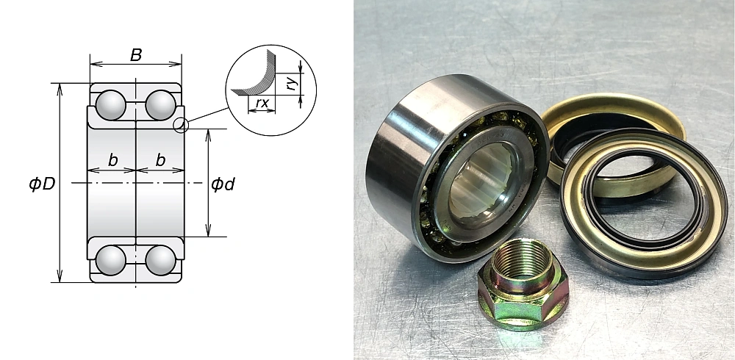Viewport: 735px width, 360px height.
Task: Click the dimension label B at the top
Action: point(136,54)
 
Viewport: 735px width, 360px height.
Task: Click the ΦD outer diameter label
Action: point(42,184)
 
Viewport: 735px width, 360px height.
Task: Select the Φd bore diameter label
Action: point(222,184)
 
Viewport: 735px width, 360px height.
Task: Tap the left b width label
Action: point(112,160)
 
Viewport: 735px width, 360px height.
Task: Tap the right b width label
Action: point(159,160)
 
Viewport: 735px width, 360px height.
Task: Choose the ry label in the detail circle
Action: point(292,84)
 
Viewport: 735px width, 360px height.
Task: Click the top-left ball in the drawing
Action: point(111,104)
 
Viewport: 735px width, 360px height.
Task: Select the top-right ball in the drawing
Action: point(159,104)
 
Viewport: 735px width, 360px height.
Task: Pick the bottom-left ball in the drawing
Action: point(111,260)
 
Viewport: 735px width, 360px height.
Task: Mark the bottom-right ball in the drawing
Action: point(159,260)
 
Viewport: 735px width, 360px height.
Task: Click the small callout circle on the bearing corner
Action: point(182,125)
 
